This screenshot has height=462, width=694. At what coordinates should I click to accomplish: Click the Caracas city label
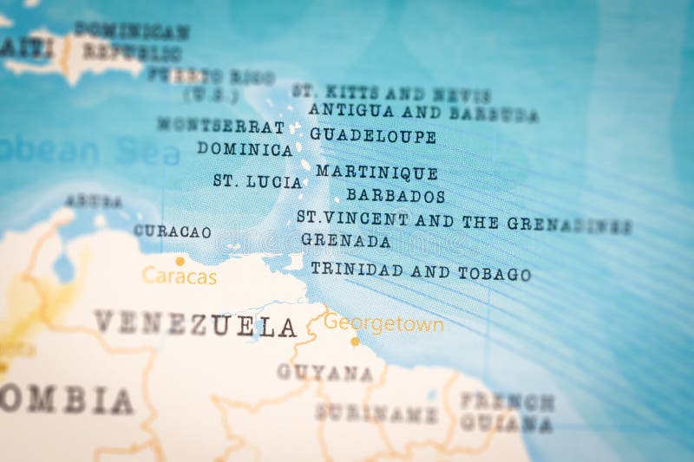pyautogui.click(x=179, y=277)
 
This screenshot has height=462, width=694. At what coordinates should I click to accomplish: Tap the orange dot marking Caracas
pyautogui.click(x=180, y=260)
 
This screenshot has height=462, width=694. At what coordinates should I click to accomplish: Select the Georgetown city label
pyautogui.click(x=383, y=325)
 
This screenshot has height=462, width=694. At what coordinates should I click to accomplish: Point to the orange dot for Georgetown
pyautogui.click(x=354, y=342)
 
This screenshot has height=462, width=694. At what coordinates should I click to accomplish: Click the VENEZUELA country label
pyautogui.click(x=195, y=324)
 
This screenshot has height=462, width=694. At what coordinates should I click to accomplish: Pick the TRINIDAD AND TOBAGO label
pyautogui.click(x=421, y=271)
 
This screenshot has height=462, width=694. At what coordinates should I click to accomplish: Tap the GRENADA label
pyautogui.click(x=345, y=241)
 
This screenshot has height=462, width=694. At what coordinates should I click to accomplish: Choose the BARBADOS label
pyautogui.click(x=396, y=196)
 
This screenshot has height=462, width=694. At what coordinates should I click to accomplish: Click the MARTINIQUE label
pyautogui.click(x=376, y=172)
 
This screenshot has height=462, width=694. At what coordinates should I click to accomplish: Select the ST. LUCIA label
pyautogui.click(x=258, y=182)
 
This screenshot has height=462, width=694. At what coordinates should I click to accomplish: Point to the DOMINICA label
pyautogui.click(x=245, y=149)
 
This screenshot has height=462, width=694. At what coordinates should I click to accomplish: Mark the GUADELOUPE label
pyautogui.click(x=373, y=135)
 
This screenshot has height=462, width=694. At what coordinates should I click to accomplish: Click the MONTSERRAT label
pyautogui.click(x=220, y=126)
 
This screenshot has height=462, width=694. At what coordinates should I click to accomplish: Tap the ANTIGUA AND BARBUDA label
pyautogui.click(x=423, y=112)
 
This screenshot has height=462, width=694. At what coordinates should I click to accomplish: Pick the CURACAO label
pyautogui.click(x=172, y=231)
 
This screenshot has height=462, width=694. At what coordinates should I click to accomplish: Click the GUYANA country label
pyautogui.click(x=324, y=373)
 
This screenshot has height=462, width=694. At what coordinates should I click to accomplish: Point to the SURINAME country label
pyautogui.click(x=376, y=413)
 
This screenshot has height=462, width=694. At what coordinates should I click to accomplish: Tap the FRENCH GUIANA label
pyautogui.click(x=507, y=413)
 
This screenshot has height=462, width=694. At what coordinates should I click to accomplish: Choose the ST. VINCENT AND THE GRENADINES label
pyautogui.click(x=463, y=222)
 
